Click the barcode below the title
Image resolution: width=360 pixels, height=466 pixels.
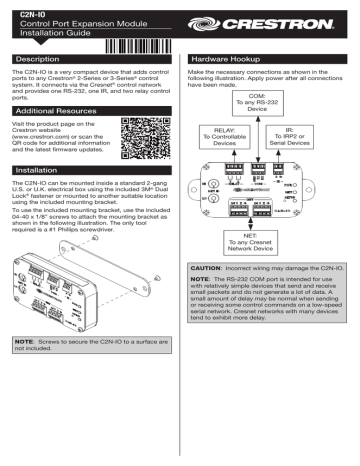136,45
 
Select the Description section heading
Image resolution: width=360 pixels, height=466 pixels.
42,61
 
